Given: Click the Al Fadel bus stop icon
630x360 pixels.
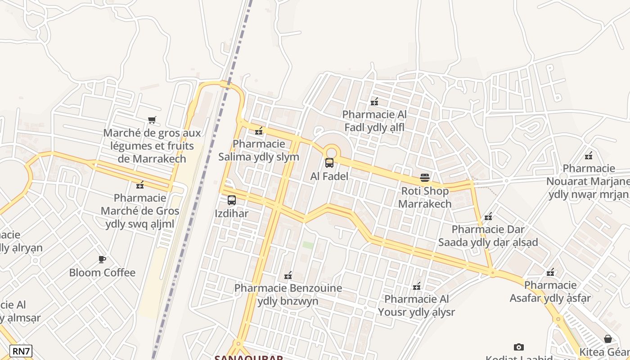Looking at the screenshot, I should pos(329,163).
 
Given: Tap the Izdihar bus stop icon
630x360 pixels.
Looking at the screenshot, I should pos(232,200).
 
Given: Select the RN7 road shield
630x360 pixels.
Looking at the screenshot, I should pos(21,351).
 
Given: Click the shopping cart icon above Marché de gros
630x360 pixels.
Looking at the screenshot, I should pos(152,120).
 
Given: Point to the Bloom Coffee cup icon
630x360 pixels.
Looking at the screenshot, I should pos(102,259).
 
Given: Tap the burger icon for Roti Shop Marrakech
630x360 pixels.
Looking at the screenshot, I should pos(425,177).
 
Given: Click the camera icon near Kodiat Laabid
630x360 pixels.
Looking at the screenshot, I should pos(518,347).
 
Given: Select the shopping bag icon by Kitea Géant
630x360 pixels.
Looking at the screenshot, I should pos(608,339).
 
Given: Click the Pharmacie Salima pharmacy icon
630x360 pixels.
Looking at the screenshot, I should pos(259,131).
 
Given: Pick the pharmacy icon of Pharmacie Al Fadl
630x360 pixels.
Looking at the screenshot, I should pos(374,102).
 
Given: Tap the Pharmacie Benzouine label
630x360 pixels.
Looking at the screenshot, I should pos(288,294).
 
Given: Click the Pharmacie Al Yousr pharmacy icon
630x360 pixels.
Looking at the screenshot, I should pos(417,286).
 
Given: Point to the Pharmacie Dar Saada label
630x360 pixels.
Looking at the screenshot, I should pos(488,236).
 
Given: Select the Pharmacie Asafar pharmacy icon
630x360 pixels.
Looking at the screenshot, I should pos(550,272).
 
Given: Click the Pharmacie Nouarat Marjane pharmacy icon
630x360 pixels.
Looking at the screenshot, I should pos(589,156).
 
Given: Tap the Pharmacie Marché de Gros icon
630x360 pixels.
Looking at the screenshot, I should pos(140,184).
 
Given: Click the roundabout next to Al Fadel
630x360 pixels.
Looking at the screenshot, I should pos(332,152).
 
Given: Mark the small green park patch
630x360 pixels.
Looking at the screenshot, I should pos(308,245).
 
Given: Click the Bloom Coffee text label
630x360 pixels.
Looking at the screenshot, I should pos(102,273).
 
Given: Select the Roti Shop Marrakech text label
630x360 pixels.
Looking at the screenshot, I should pos(425,197).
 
